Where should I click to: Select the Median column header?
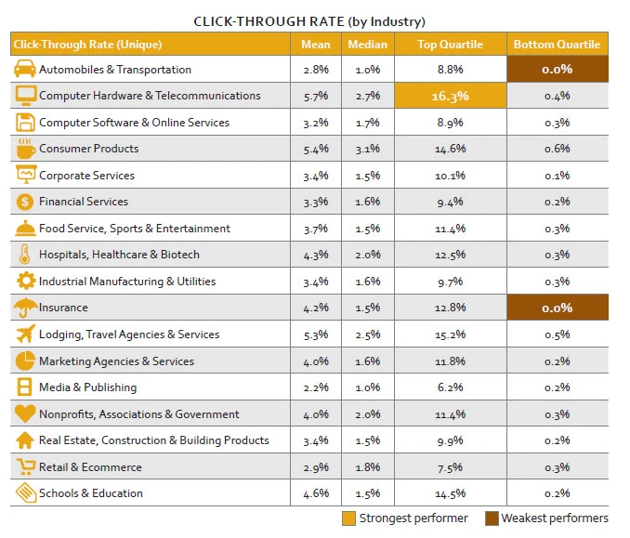367,44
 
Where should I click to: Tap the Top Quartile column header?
450,44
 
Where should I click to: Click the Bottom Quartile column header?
557,44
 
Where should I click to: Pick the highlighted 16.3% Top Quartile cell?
450,96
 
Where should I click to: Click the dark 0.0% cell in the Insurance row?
557,308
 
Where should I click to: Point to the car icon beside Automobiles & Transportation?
25,70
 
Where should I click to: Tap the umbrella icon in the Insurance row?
25,307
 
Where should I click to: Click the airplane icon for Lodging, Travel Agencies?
25,334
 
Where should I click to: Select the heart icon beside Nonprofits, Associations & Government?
25,413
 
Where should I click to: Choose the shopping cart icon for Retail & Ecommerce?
25,466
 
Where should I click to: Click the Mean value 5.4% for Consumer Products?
316,149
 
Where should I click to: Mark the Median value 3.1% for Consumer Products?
367,149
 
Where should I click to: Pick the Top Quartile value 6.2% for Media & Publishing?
450,387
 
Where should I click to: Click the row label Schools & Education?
91,493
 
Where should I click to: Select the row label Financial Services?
84,202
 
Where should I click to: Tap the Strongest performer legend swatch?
348,518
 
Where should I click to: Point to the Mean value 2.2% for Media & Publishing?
316,387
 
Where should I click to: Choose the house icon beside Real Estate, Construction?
25,440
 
